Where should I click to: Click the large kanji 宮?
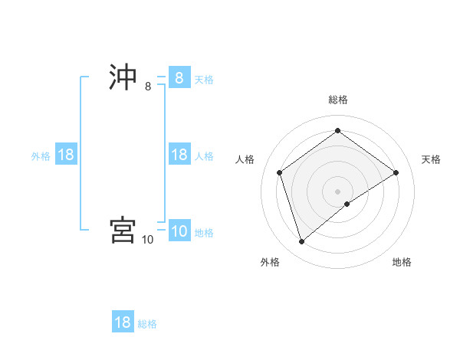coord(123,230)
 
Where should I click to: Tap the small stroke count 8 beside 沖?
coord(148,87)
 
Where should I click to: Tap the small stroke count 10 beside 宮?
coord(148,240)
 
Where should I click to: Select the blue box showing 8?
coord(179,78)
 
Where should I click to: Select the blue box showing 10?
coord(179,232)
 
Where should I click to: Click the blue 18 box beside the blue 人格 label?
coord(179,155)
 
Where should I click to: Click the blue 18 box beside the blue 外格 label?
coord(66,155)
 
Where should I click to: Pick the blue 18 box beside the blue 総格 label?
coord(123,322)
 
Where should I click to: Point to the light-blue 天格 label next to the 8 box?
coord(204,79)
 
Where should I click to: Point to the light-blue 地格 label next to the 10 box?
coord(204,233)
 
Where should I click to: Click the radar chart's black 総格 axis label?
coord(338,100)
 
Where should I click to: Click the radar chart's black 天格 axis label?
coord(432,159)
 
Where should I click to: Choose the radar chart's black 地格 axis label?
coord(402,262)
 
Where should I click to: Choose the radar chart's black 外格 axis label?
coord(270,262)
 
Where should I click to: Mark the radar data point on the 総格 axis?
coord(337,131)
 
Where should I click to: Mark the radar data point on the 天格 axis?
coord(396,172)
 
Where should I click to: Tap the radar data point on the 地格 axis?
coord(347,204)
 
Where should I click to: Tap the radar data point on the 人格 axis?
coord(280,172)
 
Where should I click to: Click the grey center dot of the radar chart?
coord(337,191)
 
